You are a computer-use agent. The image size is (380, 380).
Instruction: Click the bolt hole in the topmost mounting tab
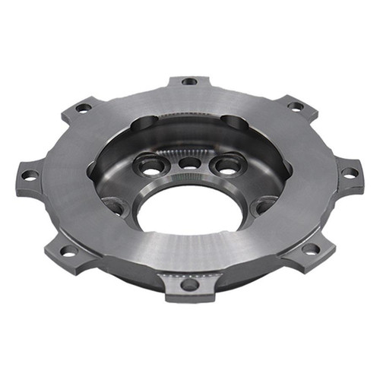coord(190,81)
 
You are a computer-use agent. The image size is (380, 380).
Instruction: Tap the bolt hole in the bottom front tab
coord(189,285)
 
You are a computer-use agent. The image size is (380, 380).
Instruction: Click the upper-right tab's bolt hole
coord(296,106)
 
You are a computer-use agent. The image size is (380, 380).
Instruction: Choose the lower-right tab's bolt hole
coord(310,249)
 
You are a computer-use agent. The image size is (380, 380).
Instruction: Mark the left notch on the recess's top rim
coord(146,122)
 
